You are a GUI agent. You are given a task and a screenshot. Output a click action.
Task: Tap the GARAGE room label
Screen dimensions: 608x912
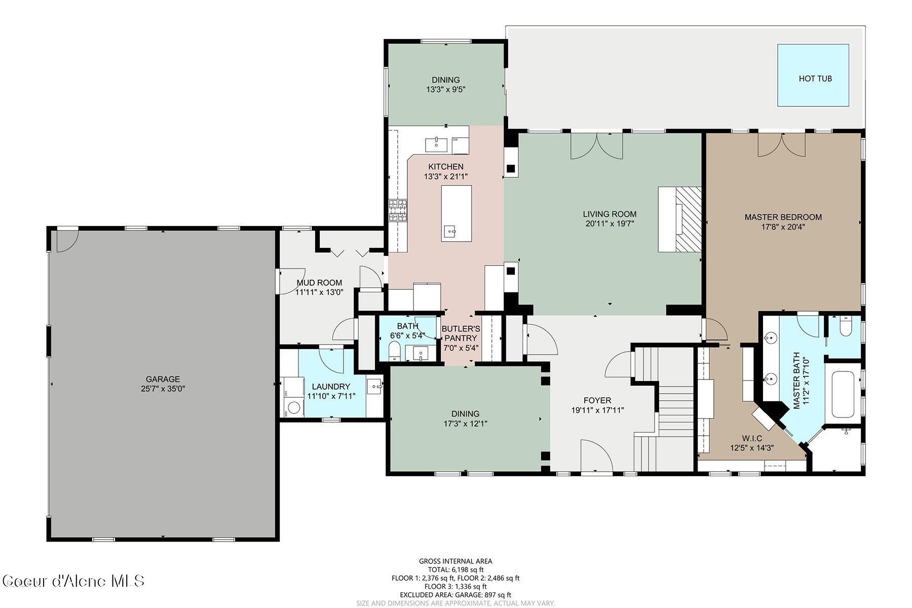pos(163,379)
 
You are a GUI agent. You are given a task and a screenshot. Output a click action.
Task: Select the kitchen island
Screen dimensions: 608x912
pos(456,213)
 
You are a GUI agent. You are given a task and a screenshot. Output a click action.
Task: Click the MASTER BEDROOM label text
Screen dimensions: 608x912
pos(783,217)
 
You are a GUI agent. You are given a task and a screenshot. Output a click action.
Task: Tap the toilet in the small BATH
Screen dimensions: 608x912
pos(394,351)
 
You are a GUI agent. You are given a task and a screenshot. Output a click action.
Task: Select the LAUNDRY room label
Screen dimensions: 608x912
pos(331,387)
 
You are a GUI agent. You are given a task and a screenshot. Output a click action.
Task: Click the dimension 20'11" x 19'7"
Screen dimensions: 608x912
pos(609,223)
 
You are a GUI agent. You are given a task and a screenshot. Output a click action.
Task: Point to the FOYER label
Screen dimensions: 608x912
pos(597,400)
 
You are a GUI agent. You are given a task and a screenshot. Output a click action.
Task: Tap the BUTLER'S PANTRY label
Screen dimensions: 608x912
pos(461,333)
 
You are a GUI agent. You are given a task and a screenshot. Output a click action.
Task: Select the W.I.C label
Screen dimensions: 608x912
pos(751,438)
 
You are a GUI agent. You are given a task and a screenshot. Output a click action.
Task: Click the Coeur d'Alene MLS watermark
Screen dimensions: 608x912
pos(73,581)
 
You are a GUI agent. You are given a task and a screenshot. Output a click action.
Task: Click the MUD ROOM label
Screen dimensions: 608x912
pos(319,283)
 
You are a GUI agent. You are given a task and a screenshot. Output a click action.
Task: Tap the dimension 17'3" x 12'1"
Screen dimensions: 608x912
pos(465,424)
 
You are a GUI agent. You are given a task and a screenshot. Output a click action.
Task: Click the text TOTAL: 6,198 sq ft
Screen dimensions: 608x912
pos(455,569)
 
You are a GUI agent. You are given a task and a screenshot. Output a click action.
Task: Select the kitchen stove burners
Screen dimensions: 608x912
pos(398,210)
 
